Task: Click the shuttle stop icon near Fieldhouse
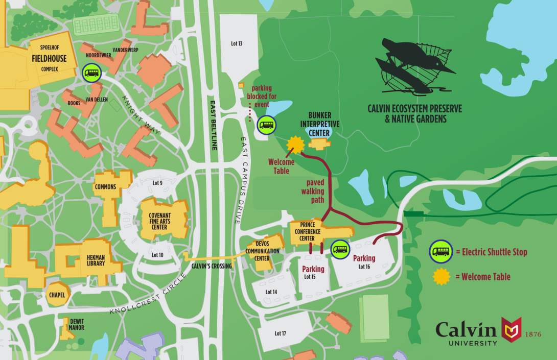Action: pyautogui.click(x=92, y=73)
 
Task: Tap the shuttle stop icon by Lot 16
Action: pyautogui.click(x=340, y=250)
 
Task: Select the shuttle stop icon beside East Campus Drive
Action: pyautogui.click(x=266, y=124)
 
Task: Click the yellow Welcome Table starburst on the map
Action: pyautogui.click(x=295, y=146)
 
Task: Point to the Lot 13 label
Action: pyautogui.click(x=237, y=43)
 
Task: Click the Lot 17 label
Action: pyautogui.click(x=280, y=333)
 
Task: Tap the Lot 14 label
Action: pyautogui.click(x=271, y=292)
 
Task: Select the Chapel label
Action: pyautogui.click(x=57, y=295)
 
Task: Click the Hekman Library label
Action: pyautogui.click(x=96, y=260)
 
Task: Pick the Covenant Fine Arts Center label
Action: pyautogui.click(x=159, y=221)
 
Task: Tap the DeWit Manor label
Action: pyautogui.click(x=76, y=324)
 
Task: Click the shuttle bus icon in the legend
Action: pyautogui.click(x=440, y=252)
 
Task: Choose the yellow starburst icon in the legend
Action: pyautogui.click(x=442, y=277)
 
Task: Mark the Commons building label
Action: pyautogui.click(x=105, y=187)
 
